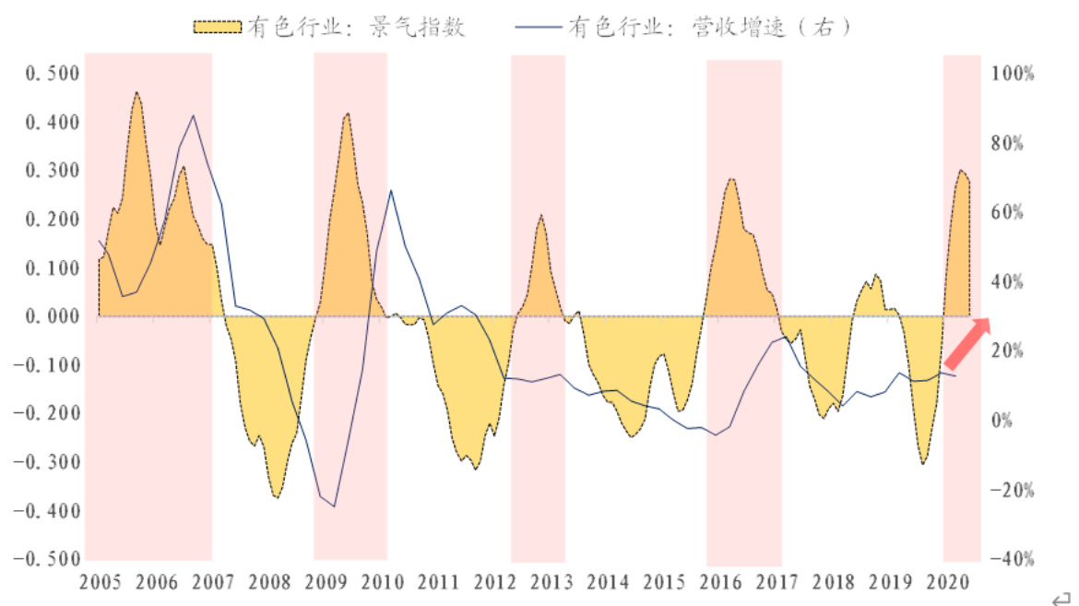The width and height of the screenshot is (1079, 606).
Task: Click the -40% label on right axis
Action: [1012, 559]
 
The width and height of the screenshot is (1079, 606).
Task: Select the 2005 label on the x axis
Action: [101, 583]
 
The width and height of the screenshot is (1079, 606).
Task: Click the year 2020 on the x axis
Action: [954, 583]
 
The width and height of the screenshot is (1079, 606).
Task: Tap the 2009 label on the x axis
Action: [326, 583]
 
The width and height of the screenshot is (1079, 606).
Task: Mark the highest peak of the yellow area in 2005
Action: [136, 92]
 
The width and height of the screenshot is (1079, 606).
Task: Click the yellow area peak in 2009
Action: [347, 113]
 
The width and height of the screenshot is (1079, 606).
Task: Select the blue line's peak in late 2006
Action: [193, 115]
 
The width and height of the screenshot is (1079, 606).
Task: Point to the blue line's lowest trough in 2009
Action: [334, 506]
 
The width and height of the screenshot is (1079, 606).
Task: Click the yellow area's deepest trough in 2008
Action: [276, 497]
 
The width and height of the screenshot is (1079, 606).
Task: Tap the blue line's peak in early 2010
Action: [390, 190]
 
